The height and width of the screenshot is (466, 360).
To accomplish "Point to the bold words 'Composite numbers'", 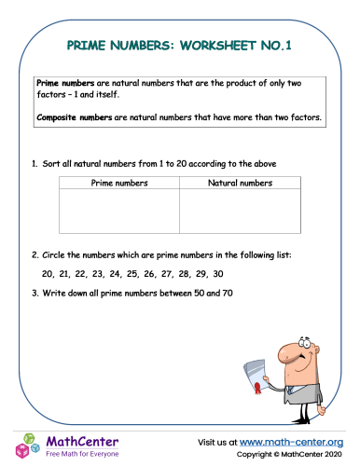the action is click(x=68, y=117).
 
